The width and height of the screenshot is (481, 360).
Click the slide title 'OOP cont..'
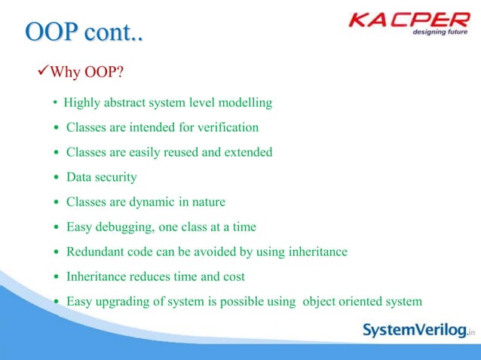[84, 34]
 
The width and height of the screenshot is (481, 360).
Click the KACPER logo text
[407, 20]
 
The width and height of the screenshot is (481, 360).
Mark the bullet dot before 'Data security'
[56, 178]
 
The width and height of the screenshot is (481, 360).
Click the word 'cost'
[234, 276]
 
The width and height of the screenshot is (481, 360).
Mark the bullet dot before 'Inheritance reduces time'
[56, 277]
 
